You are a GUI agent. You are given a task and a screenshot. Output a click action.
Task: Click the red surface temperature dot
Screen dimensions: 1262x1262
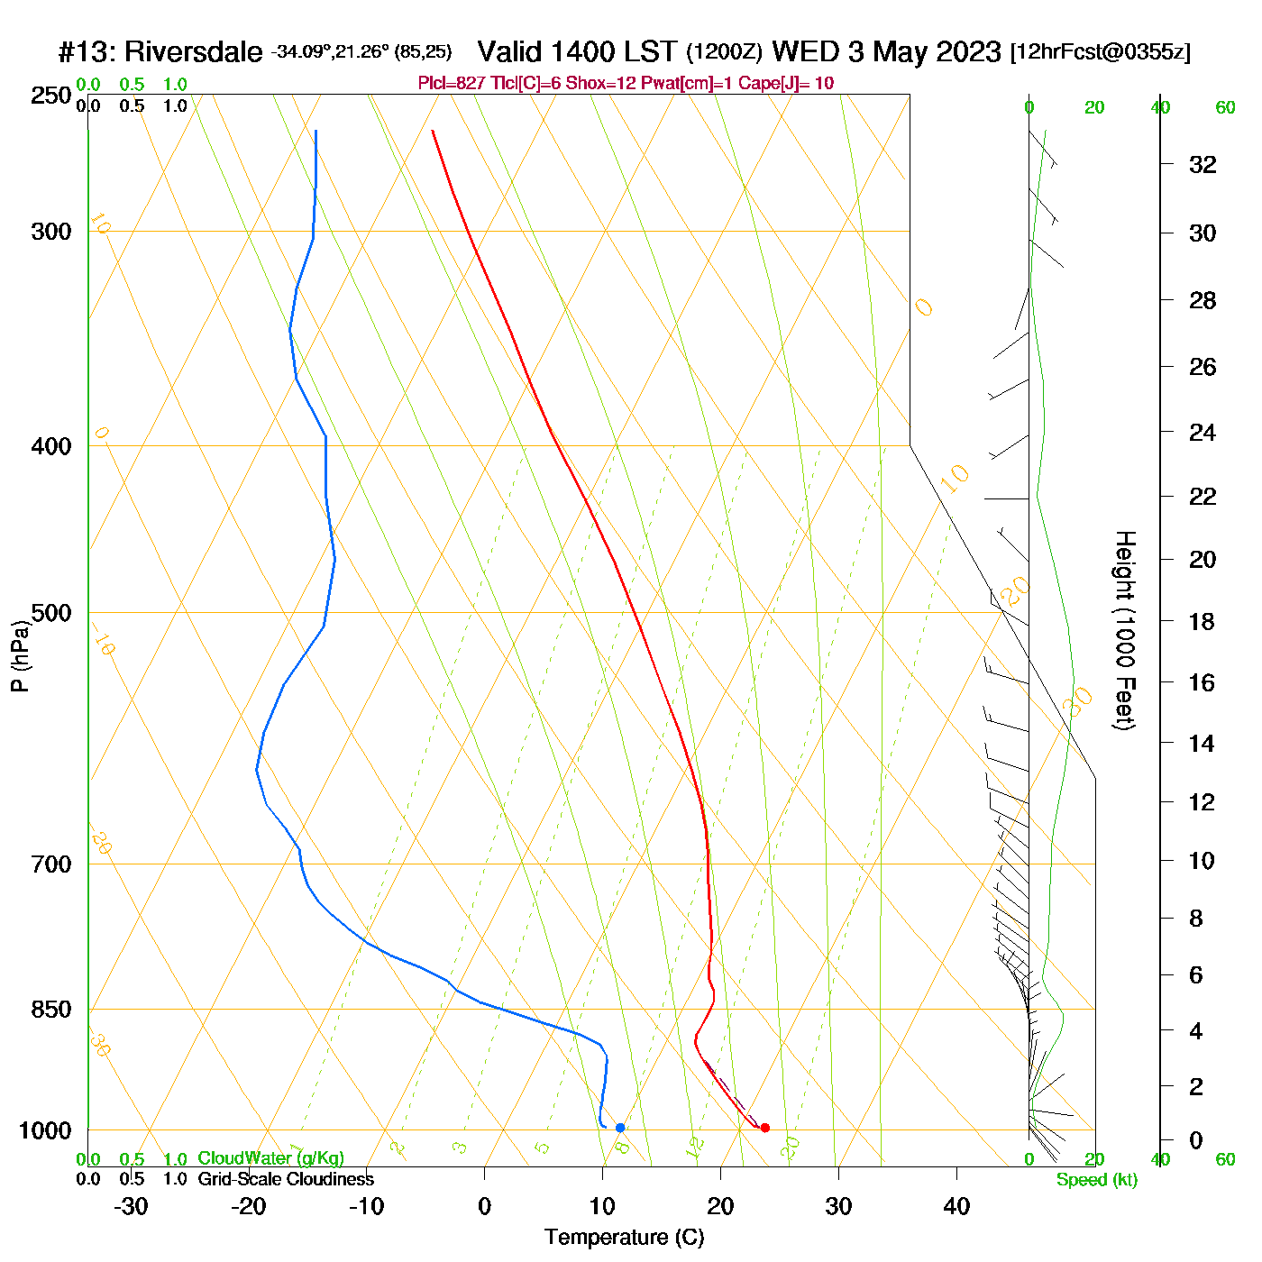(765, 1128)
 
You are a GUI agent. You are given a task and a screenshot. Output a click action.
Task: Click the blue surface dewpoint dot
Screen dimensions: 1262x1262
(620, 1128)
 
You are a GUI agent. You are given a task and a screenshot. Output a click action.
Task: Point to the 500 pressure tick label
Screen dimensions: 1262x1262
(51, 613)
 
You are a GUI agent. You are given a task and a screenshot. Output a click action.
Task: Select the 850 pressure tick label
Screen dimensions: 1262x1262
(51, 1010)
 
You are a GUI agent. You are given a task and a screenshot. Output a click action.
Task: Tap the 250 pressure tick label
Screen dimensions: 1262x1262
(51, 96)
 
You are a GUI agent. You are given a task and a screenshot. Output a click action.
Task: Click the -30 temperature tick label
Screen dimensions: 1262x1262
(131, 1206)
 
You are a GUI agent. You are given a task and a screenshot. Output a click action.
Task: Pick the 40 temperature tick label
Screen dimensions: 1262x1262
(956, 1206)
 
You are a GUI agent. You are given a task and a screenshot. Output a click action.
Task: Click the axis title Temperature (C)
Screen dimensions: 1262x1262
(624, 1238)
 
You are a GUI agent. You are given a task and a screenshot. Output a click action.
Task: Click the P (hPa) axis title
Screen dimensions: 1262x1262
(20, 656)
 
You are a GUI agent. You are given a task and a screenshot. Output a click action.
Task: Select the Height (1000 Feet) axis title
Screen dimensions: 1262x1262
(1125, 630)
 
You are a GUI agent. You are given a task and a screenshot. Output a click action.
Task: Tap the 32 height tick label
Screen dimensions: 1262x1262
(1203, 164)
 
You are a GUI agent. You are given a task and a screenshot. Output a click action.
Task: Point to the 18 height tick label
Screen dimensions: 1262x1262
(1203, 621)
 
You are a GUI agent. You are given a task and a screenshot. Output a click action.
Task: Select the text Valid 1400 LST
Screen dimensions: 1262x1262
(577, 51)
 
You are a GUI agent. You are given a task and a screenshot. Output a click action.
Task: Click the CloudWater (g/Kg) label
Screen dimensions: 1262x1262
(270, 1158)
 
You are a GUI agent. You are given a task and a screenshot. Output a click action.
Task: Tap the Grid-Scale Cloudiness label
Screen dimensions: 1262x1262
(286, 1179)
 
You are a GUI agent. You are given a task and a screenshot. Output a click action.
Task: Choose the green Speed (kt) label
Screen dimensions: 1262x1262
(1097, 1180)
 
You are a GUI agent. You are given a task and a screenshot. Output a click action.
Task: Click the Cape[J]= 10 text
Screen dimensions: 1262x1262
(786, 84)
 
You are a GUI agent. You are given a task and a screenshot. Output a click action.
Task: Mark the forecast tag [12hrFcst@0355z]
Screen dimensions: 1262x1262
(1101, 52)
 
